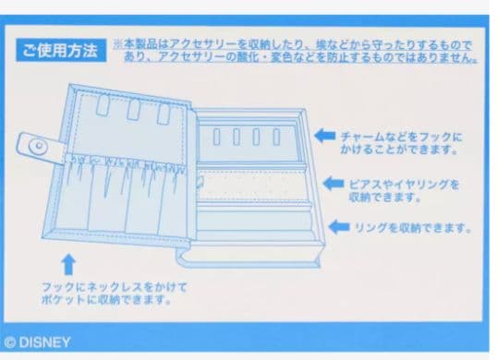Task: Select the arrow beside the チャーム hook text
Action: (x=324, y=136)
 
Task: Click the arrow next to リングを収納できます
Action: (x=341, y=226)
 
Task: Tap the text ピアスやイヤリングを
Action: (x=404, y=184)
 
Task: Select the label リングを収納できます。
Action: (x=414, y=227)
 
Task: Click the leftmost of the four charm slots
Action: (x=217, y=138)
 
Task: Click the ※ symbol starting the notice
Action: (x=117, y=43)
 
